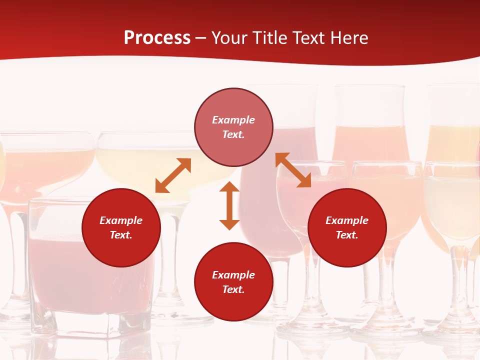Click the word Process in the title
pos(157,38)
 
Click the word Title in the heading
pos(271,38)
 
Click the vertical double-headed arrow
pos(229,205)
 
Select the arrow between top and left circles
pos(173,175)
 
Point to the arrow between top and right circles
pos(293,170)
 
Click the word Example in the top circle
pos(233,120)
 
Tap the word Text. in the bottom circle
pos(233,289)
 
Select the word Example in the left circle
pos(121,220)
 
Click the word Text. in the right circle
pos(347,235)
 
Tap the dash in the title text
pos(201,38)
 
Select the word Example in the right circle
pos(347,220)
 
